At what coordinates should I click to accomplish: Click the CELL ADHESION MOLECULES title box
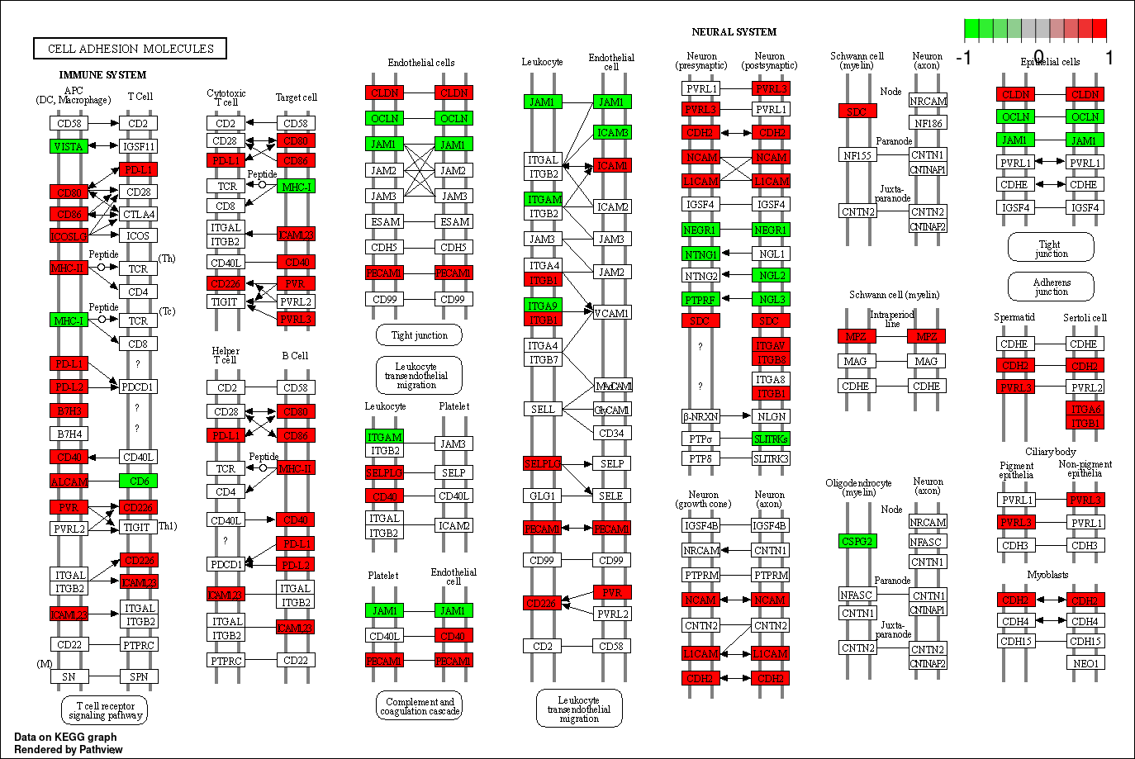(131, 49)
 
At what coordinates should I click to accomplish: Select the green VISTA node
(69, 146)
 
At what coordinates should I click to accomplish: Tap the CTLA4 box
(138, 214)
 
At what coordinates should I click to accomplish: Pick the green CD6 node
(138, 481)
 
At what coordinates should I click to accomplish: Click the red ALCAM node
(69, 481)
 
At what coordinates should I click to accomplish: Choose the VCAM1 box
(611, 313)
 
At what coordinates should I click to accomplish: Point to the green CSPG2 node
(857, 541)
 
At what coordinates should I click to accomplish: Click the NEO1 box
(1085, 662)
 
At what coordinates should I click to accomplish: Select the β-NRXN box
(700, 416)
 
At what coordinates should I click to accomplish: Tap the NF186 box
(928, 123)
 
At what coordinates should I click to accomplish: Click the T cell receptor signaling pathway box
(105, 710)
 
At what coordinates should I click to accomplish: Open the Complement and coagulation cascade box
(420, 706)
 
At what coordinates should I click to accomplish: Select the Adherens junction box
(1051, 287)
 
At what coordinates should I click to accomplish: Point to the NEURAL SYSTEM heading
(734, 32)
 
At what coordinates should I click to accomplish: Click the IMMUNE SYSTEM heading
(102, 74)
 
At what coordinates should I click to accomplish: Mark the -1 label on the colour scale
(963, 58)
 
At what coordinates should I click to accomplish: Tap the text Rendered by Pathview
(69, 749)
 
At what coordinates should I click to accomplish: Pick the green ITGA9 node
(543, 306)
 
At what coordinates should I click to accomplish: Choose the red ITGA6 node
(1085, 409)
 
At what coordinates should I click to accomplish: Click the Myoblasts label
(1047, 574)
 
